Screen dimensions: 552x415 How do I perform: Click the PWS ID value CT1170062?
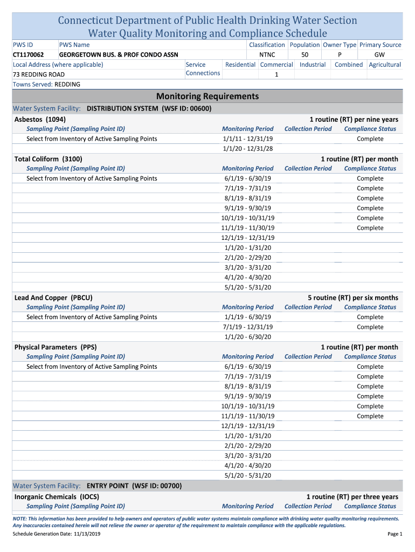tap(29, 54)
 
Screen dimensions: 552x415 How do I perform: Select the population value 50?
tap(305, 54)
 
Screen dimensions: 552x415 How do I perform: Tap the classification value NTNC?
tap(267, 54)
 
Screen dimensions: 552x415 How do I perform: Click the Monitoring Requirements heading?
tap(207, 96)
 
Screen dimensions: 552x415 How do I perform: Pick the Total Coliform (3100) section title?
tap(48, 159)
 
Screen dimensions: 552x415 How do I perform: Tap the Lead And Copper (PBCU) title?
tap(53, 298)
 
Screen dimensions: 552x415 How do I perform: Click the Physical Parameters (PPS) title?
tap(56, 347)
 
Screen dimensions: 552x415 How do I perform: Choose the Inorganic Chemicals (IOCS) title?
tap(57, 496)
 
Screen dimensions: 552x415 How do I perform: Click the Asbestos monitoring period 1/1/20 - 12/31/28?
tap(247, 149)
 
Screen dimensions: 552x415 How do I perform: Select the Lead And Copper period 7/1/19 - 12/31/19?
tap(247, 327)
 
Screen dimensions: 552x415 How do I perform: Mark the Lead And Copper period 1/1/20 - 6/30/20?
tap(247, 337)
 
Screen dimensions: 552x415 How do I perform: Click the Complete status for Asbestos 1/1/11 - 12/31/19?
tap(370, 139)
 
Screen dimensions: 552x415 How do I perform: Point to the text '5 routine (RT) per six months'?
tap(352, 298)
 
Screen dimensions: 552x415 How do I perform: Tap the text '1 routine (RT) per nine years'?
tap(354, 119)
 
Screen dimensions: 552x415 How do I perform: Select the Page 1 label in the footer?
tap(395, 534)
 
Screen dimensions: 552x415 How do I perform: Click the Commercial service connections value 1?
tap(276, 75)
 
